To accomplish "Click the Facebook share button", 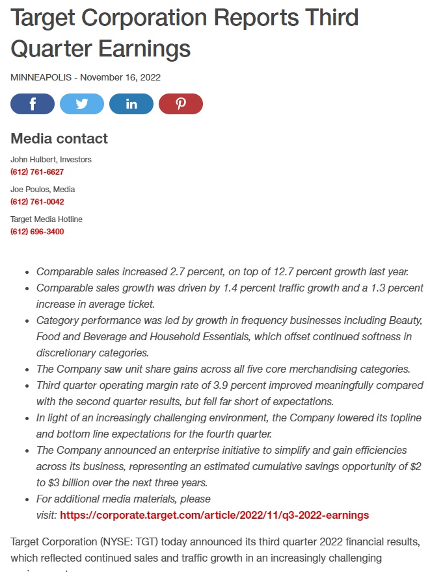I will click(x=33, y=104).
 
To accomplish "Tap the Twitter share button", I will click(x=82, y=104).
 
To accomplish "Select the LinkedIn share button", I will click(x=131, y=104).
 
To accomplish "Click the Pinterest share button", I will click(x=181, y=104).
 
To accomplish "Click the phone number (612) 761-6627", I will click(x=37, y=172).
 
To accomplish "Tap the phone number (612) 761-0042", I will click(x=37, y=202).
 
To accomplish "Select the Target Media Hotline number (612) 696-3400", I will click(x=37, y=232).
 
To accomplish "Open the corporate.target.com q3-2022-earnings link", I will click(x=214, y=516).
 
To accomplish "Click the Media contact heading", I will click(x=59, y=138).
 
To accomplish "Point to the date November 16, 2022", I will click(x=121, y=77).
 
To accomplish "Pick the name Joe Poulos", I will click(x=31, y=190).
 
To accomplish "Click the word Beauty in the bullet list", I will click(x=406, y=321).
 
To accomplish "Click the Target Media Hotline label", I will click(x=46, y=219).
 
